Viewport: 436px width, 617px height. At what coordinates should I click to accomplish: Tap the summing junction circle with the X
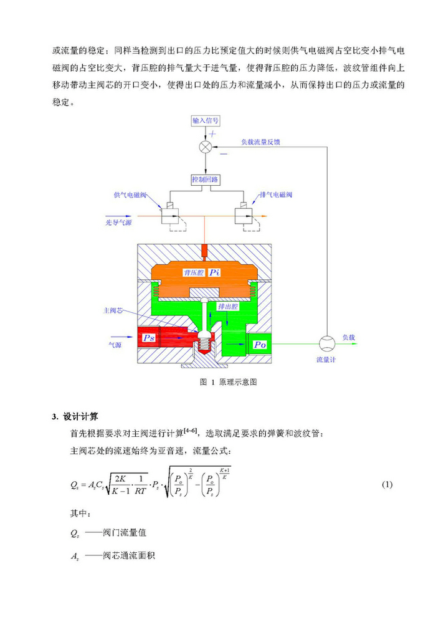coord(206,148)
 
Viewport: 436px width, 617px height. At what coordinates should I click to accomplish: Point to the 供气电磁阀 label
coord(130,195)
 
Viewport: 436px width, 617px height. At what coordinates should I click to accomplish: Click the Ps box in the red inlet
coord(149,337)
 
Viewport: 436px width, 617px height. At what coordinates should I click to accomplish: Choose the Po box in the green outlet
coord(260,344)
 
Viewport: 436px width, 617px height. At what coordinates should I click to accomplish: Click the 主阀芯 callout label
coord(112,309)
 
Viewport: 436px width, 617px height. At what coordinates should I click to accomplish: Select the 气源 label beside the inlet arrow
coord(115,343)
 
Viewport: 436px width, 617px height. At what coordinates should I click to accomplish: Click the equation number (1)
coord(387,484)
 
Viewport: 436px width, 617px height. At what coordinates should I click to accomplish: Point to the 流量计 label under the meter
coord(326,360)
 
